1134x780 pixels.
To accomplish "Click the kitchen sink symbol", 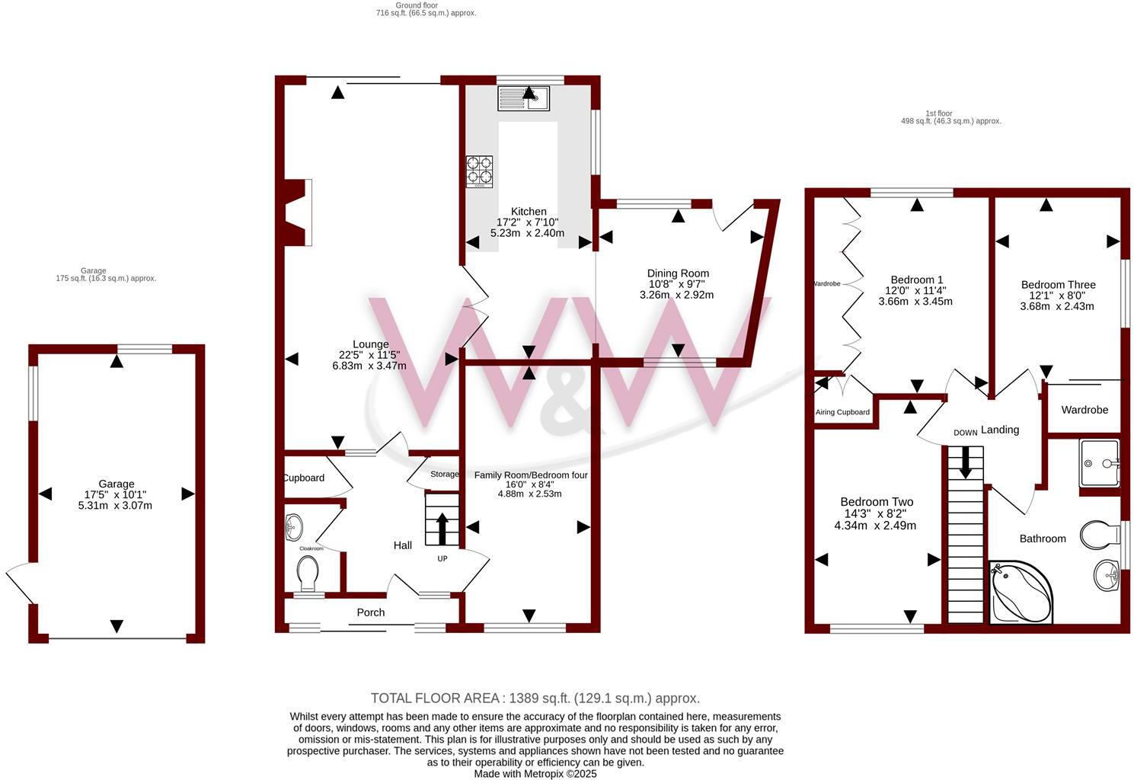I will coord(523,98).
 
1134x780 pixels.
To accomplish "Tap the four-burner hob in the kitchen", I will coord(479,171).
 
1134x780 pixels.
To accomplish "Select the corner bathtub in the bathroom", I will coord(1021,593).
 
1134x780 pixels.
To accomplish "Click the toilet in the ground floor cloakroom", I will coord(308,573).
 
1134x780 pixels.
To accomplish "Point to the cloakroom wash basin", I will coord(293,526).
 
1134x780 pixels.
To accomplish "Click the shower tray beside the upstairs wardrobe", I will coord(1100,462).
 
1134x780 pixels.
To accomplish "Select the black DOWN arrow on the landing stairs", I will coord(966,462).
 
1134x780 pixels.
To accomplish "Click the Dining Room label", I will coord(678,273).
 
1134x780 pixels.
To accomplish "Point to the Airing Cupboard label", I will coord(842,412).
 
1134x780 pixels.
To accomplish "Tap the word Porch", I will coord(371,612).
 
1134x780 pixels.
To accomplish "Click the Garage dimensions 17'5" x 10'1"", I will coord(116,494).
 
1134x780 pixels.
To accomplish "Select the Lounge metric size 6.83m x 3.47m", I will coord(369,366).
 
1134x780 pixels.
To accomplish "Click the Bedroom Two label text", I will coord(877,502).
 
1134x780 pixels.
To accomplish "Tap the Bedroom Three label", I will coord(1058,285).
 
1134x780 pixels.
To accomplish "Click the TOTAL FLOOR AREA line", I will coord(535,698).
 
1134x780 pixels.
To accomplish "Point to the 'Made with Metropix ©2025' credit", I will coord(535,773).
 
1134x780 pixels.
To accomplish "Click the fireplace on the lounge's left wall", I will coord(298,213).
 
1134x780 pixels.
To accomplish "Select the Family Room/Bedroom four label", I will coord(531,475).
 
